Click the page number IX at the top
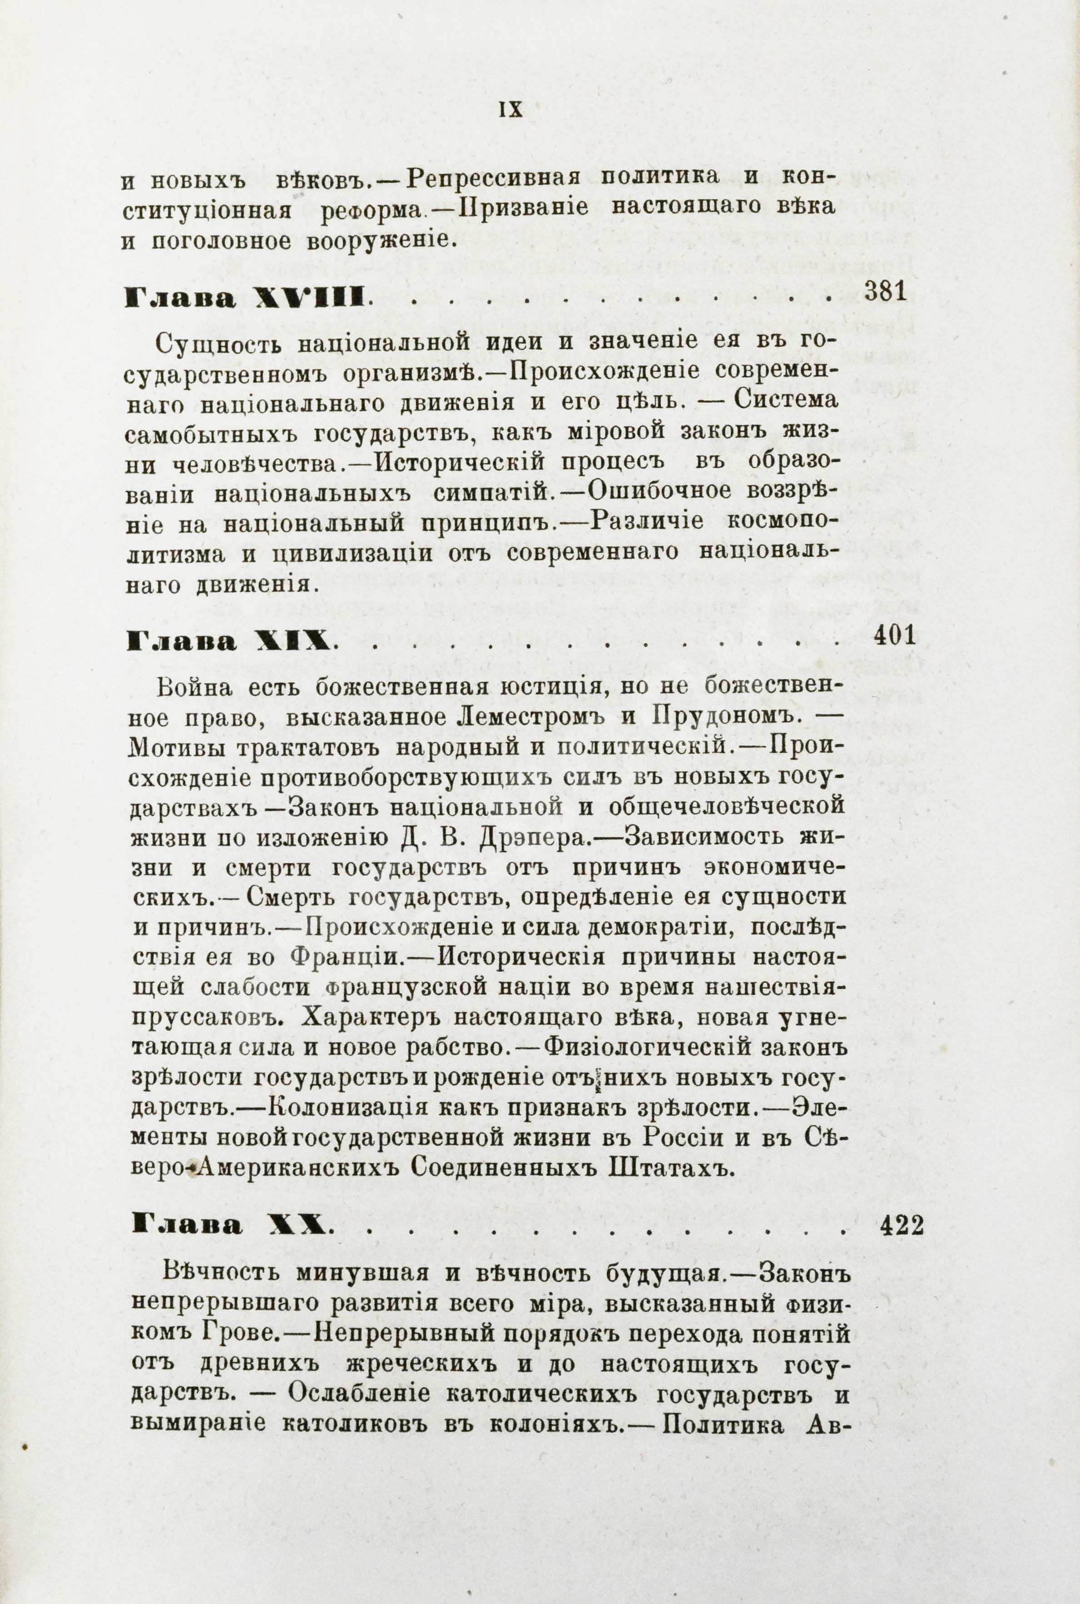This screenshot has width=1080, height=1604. [x=510, y=110]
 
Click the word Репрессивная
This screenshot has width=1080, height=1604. [x=494, y=178]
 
